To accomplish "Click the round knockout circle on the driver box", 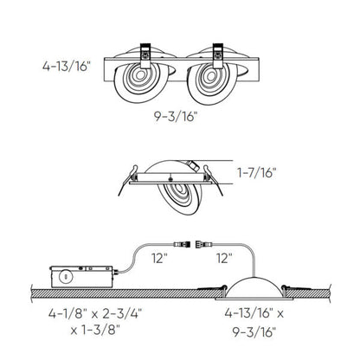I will [65, 279].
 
